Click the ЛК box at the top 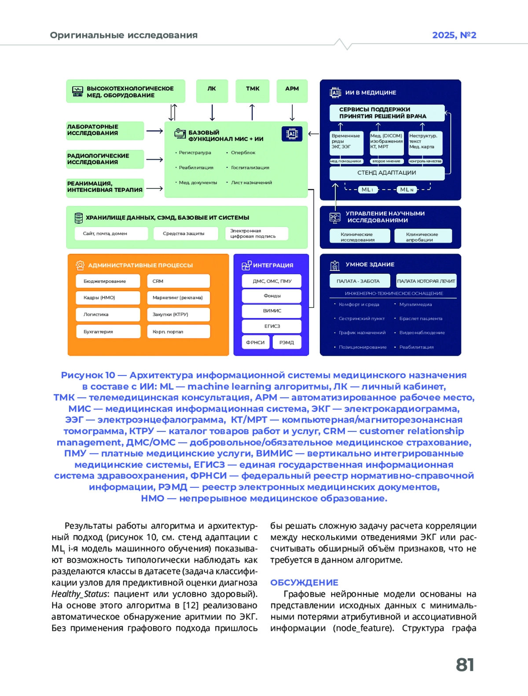212,90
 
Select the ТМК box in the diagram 252,90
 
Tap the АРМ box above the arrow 292,90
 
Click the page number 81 465,665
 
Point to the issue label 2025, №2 454,35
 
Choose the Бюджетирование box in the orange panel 108,281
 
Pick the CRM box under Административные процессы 178,281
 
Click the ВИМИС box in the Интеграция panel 271,311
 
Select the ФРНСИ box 255,342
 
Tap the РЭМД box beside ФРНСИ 287,342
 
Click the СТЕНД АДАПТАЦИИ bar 387,173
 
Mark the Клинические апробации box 423,236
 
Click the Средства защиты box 185,233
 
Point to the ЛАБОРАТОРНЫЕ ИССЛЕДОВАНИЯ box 105,130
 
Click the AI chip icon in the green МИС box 292,134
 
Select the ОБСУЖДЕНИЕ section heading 304,582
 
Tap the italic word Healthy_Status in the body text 79,594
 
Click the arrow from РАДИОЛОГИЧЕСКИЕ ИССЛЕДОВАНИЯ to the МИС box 154,159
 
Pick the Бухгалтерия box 108,331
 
